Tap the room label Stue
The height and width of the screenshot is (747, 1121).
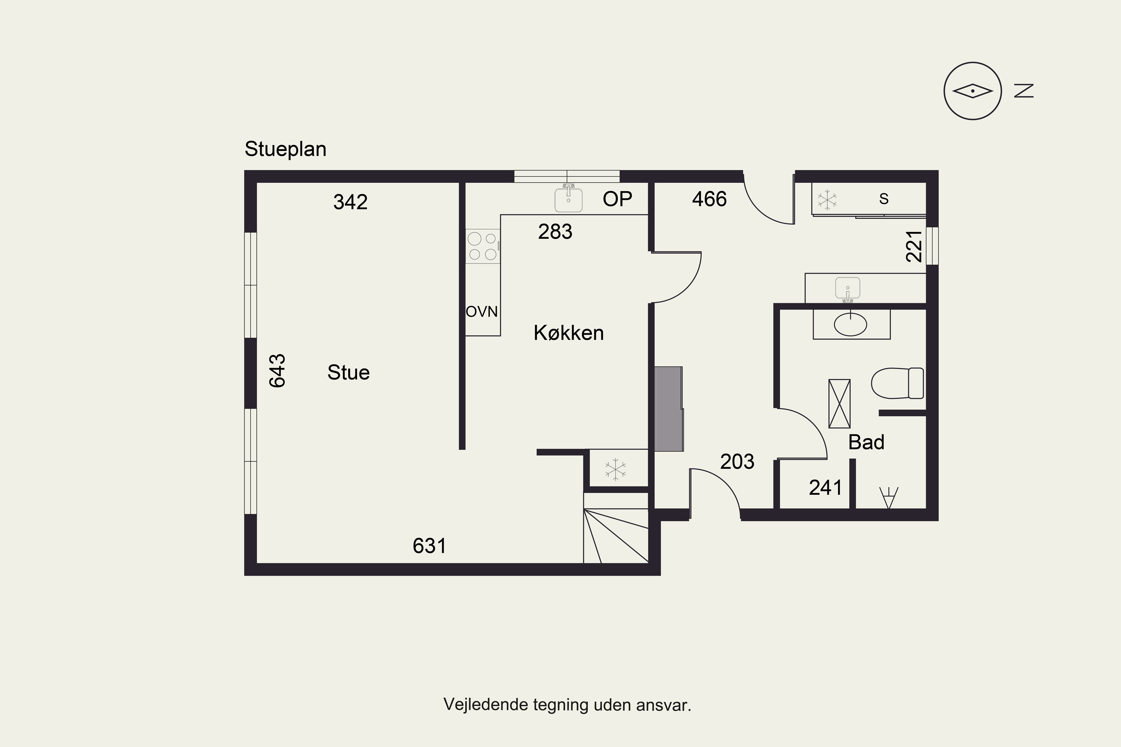tap(348, 372)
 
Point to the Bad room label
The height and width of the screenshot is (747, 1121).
tap(866, 443)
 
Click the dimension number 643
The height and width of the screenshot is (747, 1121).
tap(277, 371)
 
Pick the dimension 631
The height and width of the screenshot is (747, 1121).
tap(429, 546)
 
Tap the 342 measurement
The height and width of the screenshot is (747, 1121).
tap(350, 202)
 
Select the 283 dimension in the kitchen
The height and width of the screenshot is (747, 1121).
tap(555, 232)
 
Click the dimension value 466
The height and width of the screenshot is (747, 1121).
tap(709, 199)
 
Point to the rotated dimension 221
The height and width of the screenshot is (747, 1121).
tap(914, 246)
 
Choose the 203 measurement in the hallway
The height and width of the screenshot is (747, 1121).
tap(737, 462)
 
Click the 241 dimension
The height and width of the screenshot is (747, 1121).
tap(825, 488)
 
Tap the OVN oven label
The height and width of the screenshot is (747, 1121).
tap(482, 311)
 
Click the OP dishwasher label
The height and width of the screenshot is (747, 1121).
tap(617, 199)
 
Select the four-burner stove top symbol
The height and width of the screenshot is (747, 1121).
tap(483, 246)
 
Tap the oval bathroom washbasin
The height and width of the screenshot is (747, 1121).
tap(850, 325)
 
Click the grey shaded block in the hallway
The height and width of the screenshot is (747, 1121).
tap(669, 409)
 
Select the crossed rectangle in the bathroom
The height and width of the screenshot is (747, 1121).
tap(839, 403)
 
